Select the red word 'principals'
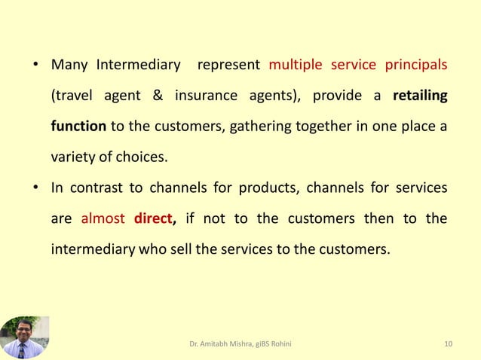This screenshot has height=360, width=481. pyautogui.click(x=416, y=65)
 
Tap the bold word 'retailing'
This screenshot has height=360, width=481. pyautogui.click(x=420, y=96)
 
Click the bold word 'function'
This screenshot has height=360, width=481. pyautogui.click(x=78, y=127)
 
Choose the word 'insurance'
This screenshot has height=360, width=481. pyautogui.click(x=207, y=96)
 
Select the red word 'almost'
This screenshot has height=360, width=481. pyautogui.click(x=103, y=219)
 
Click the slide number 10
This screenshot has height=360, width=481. pyautogui.click(x=449, y=344)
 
